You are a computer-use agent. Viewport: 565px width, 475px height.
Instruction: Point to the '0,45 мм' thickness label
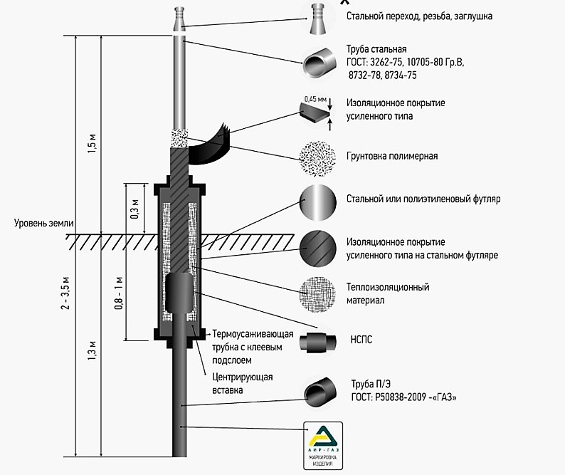point(315,99)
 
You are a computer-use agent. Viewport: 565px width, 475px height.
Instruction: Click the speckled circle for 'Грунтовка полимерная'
point(318,156)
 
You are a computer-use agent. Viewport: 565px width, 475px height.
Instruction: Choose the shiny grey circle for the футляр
point(318,201)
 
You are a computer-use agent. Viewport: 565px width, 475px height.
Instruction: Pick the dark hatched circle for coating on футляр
point(318,248)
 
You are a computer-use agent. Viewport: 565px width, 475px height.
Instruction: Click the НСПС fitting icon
point(318,342)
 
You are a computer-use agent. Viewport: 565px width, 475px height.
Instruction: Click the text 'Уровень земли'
point(43,223)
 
